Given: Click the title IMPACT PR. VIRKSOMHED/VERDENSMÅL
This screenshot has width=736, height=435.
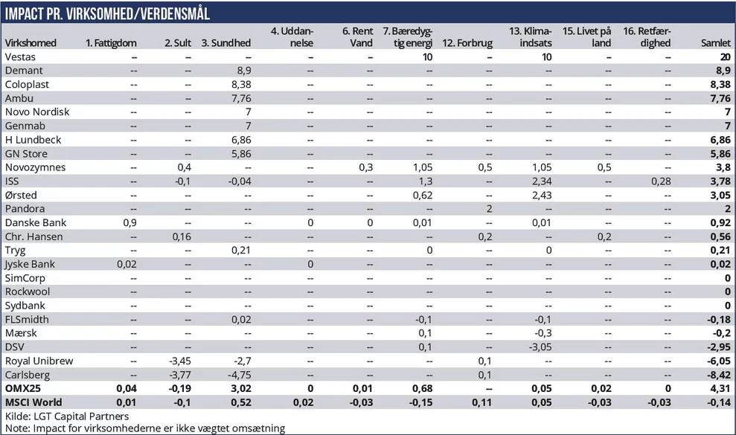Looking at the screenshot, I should [108, 13].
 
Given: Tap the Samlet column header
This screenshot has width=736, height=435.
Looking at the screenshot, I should [716, 44].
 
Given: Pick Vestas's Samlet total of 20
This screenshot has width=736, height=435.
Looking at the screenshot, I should [724, 57].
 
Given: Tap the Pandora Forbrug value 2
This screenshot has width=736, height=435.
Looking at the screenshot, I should [489, 209].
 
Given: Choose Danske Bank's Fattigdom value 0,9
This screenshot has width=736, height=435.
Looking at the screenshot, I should [130, 222].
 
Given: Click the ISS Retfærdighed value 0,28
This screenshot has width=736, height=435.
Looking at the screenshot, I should [660, 181].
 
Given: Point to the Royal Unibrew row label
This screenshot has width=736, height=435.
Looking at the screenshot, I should [39, 361].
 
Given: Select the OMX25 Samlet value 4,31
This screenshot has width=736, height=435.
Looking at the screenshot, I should [720, 388].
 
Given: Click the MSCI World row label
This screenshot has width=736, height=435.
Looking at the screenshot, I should [34, 402].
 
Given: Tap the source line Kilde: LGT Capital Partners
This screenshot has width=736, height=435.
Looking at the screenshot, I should [66, 416].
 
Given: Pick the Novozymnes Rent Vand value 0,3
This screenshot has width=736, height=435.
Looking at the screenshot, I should [365, 167].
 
